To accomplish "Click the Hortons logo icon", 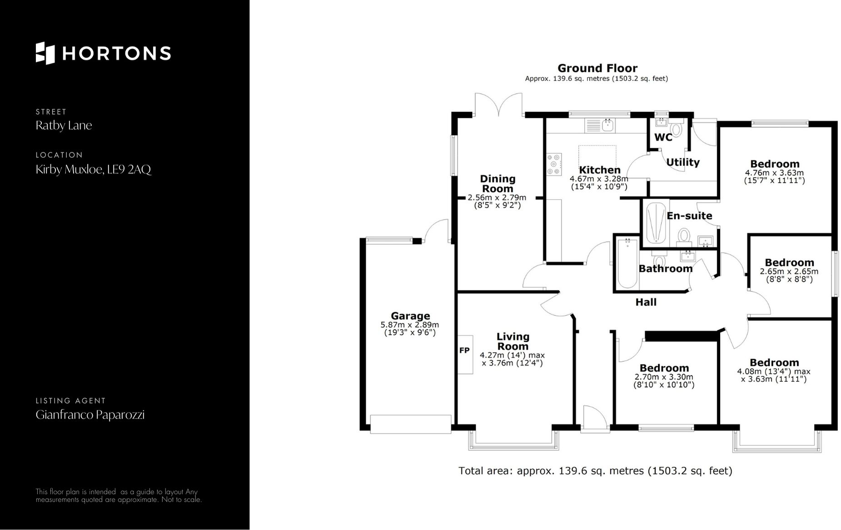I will point(45,53).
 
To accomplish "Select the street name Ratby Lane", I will point(64,125).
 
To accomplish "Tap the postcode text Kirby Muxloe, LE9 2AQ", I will point(93,170).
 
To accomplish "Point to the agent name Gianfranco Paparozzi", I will point(90,415).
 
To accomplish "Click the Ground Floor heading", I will point(597,68).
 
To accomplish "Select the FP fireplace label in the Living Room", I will point(464,350).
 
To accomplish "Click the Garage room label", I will point(410,316).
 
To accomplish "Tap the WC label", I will point(663,137).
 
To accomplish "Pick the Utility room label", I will point(682,162).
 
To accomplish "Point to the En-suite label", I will point(689,216).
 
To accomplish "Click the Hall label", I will point(646,302).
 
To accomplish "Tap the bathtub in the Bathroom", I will point(627,264).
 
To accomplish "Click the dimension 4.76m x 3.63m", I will point(774,173).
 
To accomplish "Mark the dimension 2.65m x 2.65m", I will point(789,272).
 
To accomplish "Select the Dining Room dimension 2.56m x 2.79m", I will point(497,198).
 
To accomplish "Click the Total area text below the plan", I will point(595,471).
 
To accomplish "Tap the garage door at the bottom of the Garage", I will point(411,424).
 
